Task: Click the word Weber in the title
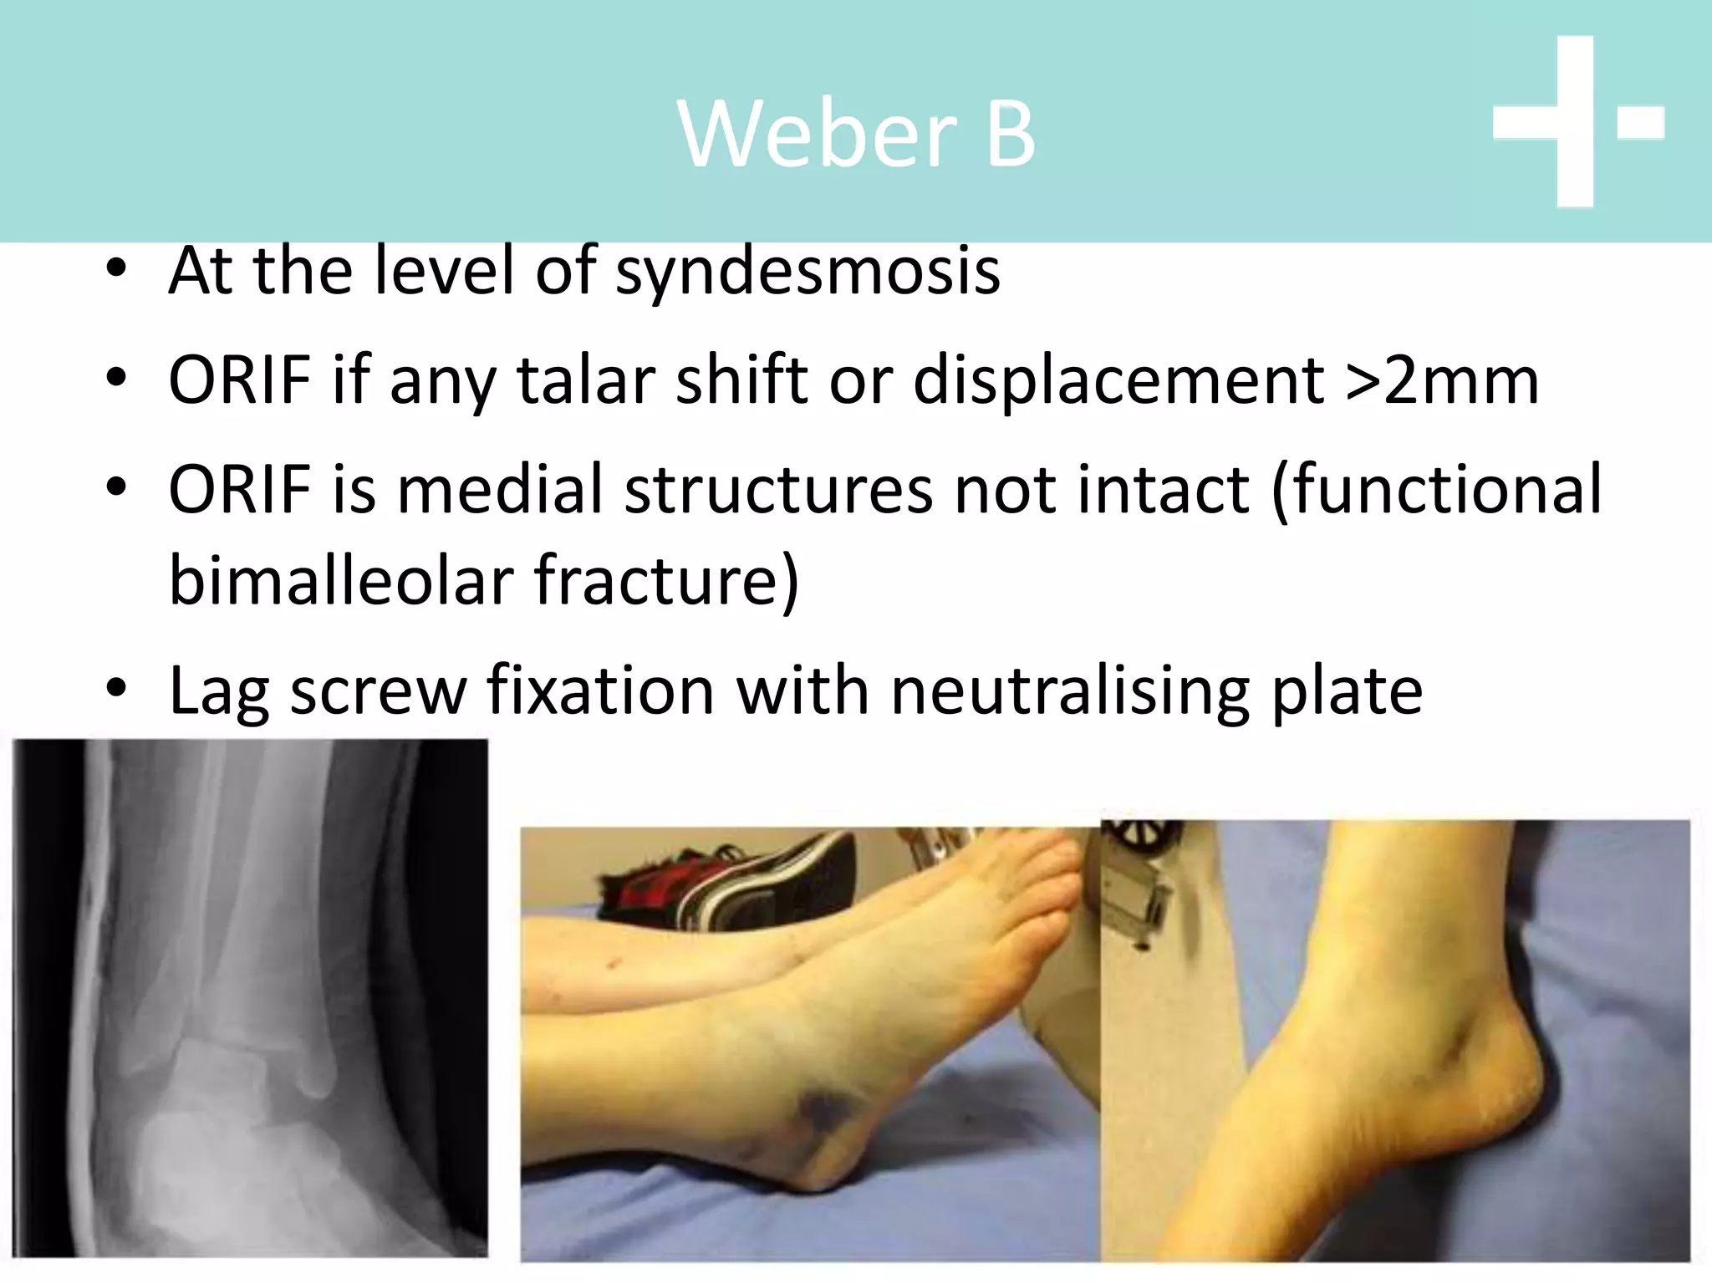[x=817, y=134]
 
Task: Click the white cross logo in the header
[x=1575, y=122]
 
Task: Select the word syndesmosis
[x=808, y=272]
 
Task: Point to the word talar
[x=585, y=380]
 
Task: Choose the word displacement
[x=1118, y=380]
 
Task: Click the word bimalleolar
[x=341, y=579]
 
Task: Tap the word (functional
[x=1436, y=490]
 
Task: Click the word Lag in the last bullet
[x=219, y=691]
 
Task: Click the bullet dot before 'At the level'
[x=116, y=270]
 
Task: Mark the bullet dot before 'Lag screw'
[x=116, y=690]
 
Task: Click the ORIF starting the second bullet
[x=240, y=380]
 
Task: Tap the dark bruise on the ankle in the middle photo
[x=823, y=1113]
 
